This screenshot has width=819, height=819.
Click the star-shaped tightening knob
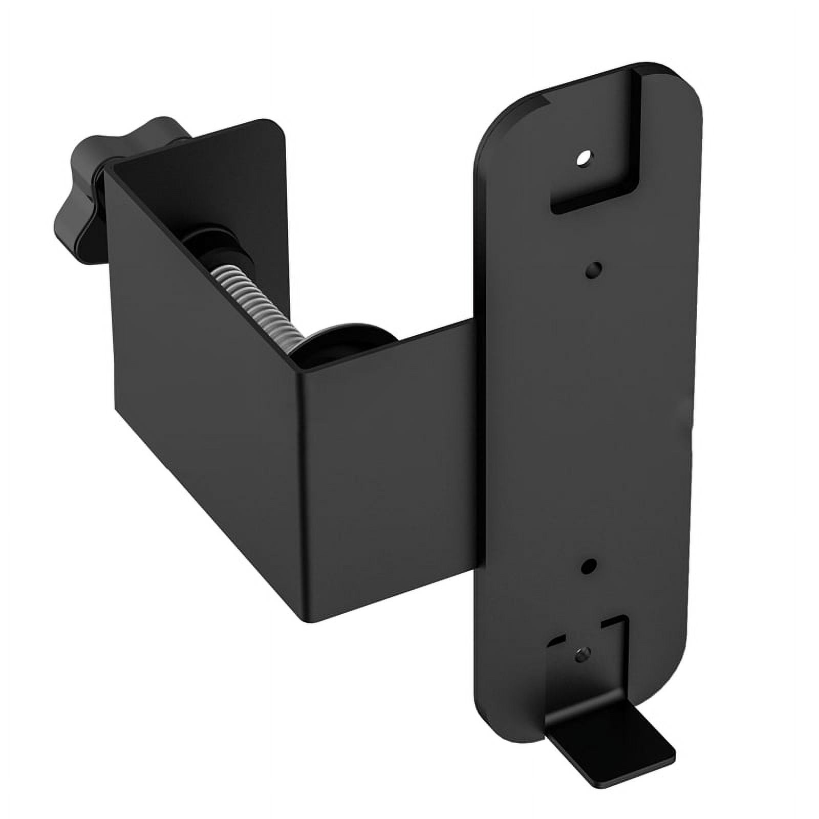tap(87, 189)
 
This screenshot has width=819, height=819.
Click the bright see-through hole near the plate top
tap(583, 159)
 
